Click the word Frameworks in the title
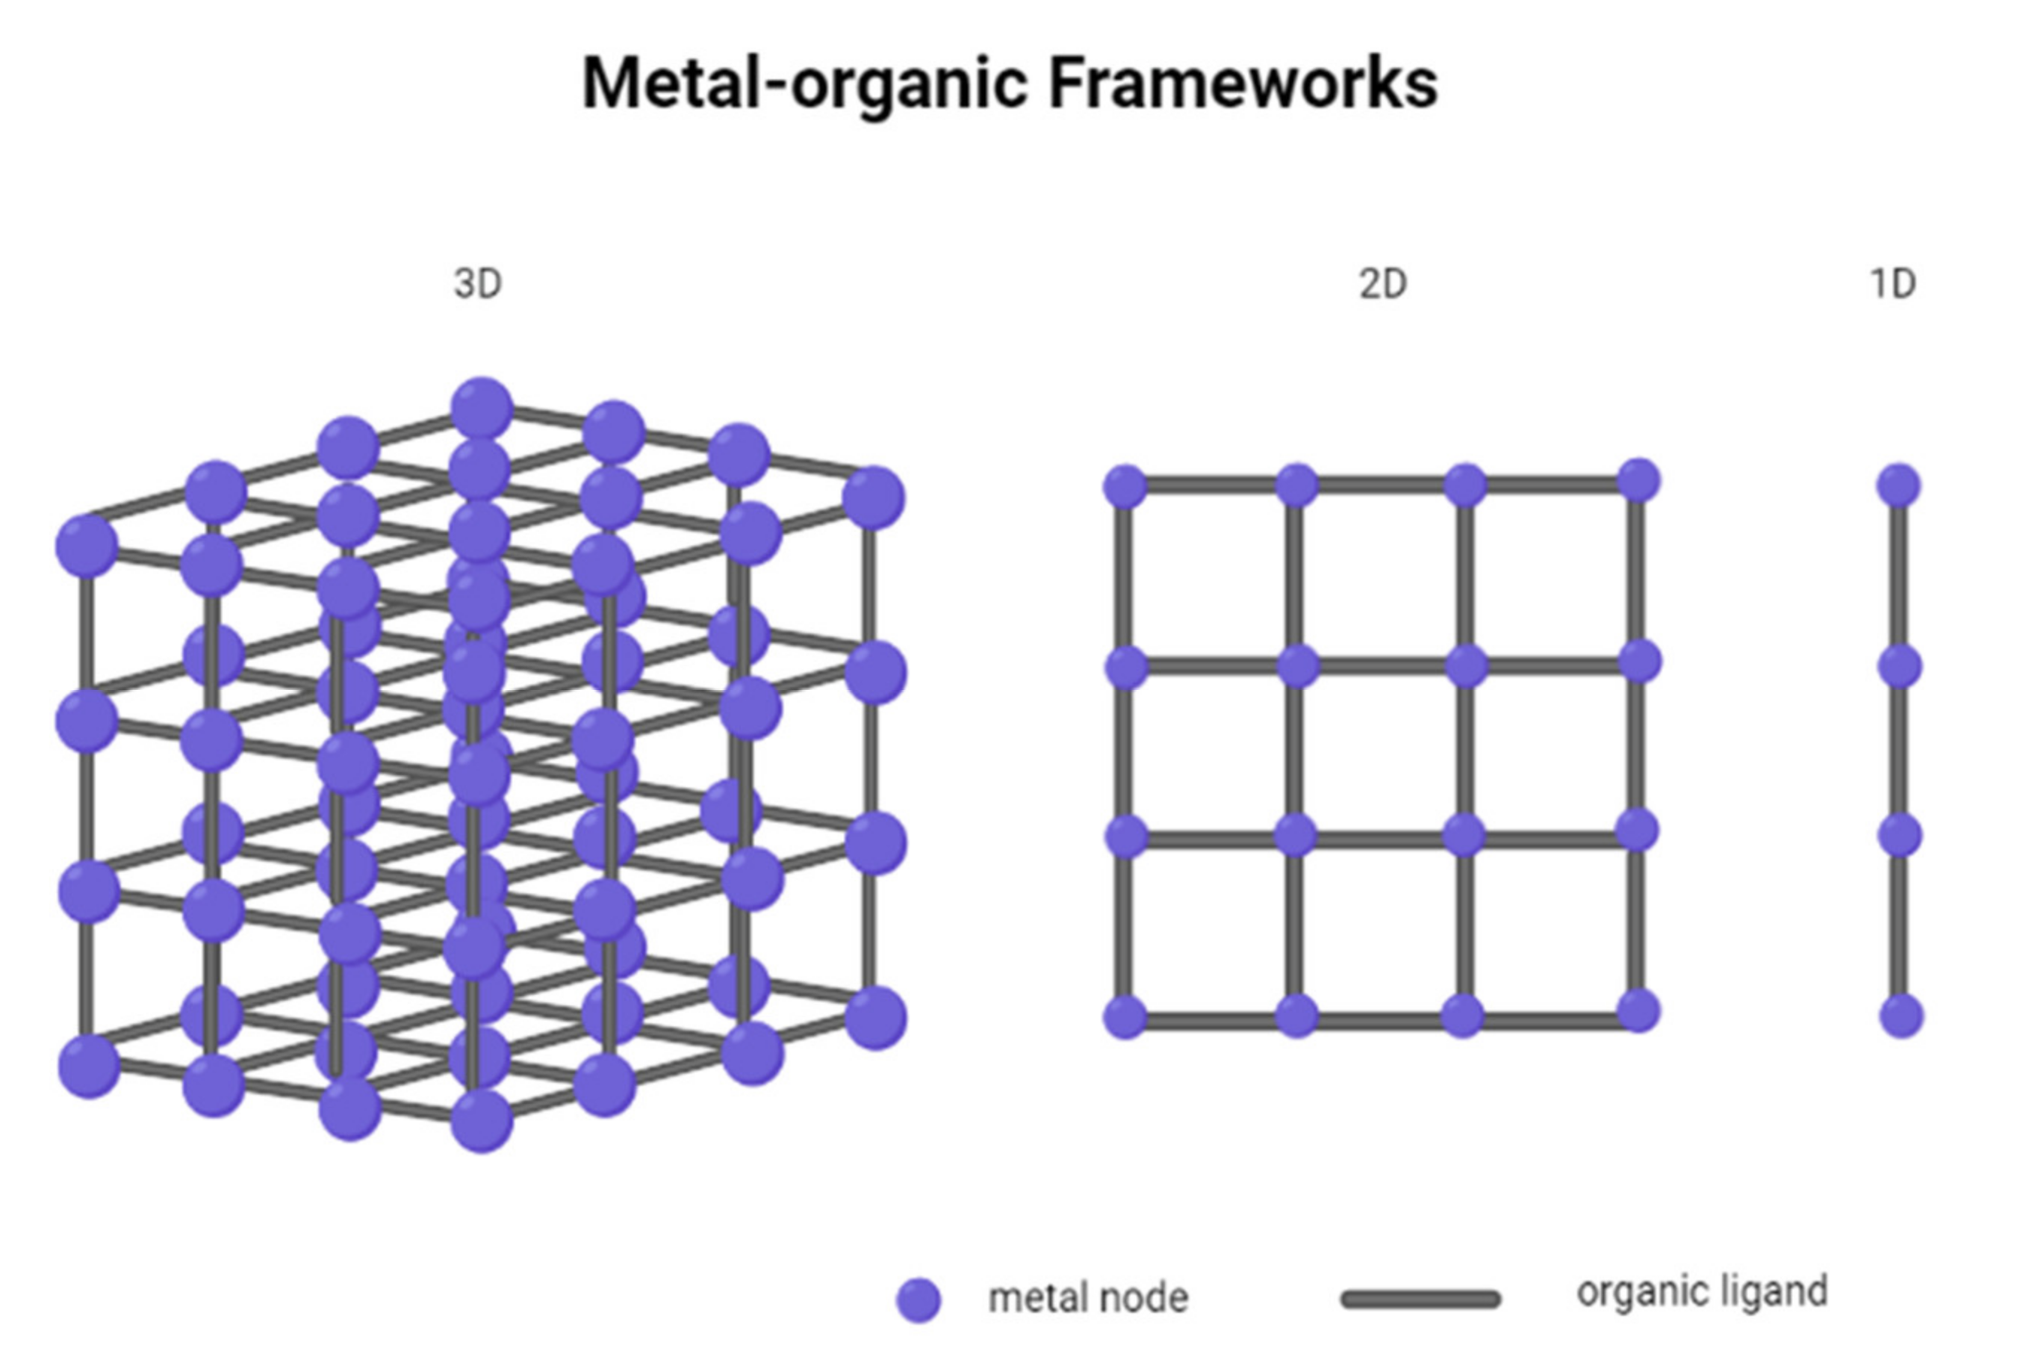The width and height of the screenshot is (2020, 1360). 1243,83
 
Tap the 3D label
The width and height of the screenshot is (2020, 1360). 478,284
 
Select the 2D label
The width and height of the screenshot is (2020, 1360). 1382,284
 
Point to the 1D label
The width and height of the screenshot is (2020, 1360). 1892,284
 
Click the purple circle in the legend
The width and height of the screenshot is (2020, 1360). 919,1300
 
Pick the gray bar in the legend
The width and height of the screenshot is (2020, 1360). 1420,1299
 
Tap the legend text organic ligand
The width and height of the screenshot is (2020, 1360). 1702,1291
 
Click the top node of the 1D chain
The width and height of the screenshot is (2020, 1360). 1898,485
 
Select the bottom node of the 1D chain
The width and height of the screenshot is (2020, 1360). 1901,1016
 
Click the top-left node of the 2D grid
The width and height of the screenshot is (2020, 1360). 1125,485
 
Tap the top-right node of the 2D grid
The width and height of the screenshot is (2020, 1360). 1638,480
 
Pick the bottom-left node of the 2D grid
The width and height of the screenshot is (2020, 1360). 1125,1016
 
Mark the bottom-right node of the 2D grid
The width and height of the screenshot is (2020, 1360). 1638,1011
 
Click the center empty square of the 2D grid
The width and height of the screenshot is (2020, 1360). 1381,751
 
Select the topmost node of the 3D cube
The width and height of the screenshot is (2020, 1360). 482,407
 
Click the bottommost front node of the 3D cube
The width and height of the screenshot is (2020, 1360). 482,1120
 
